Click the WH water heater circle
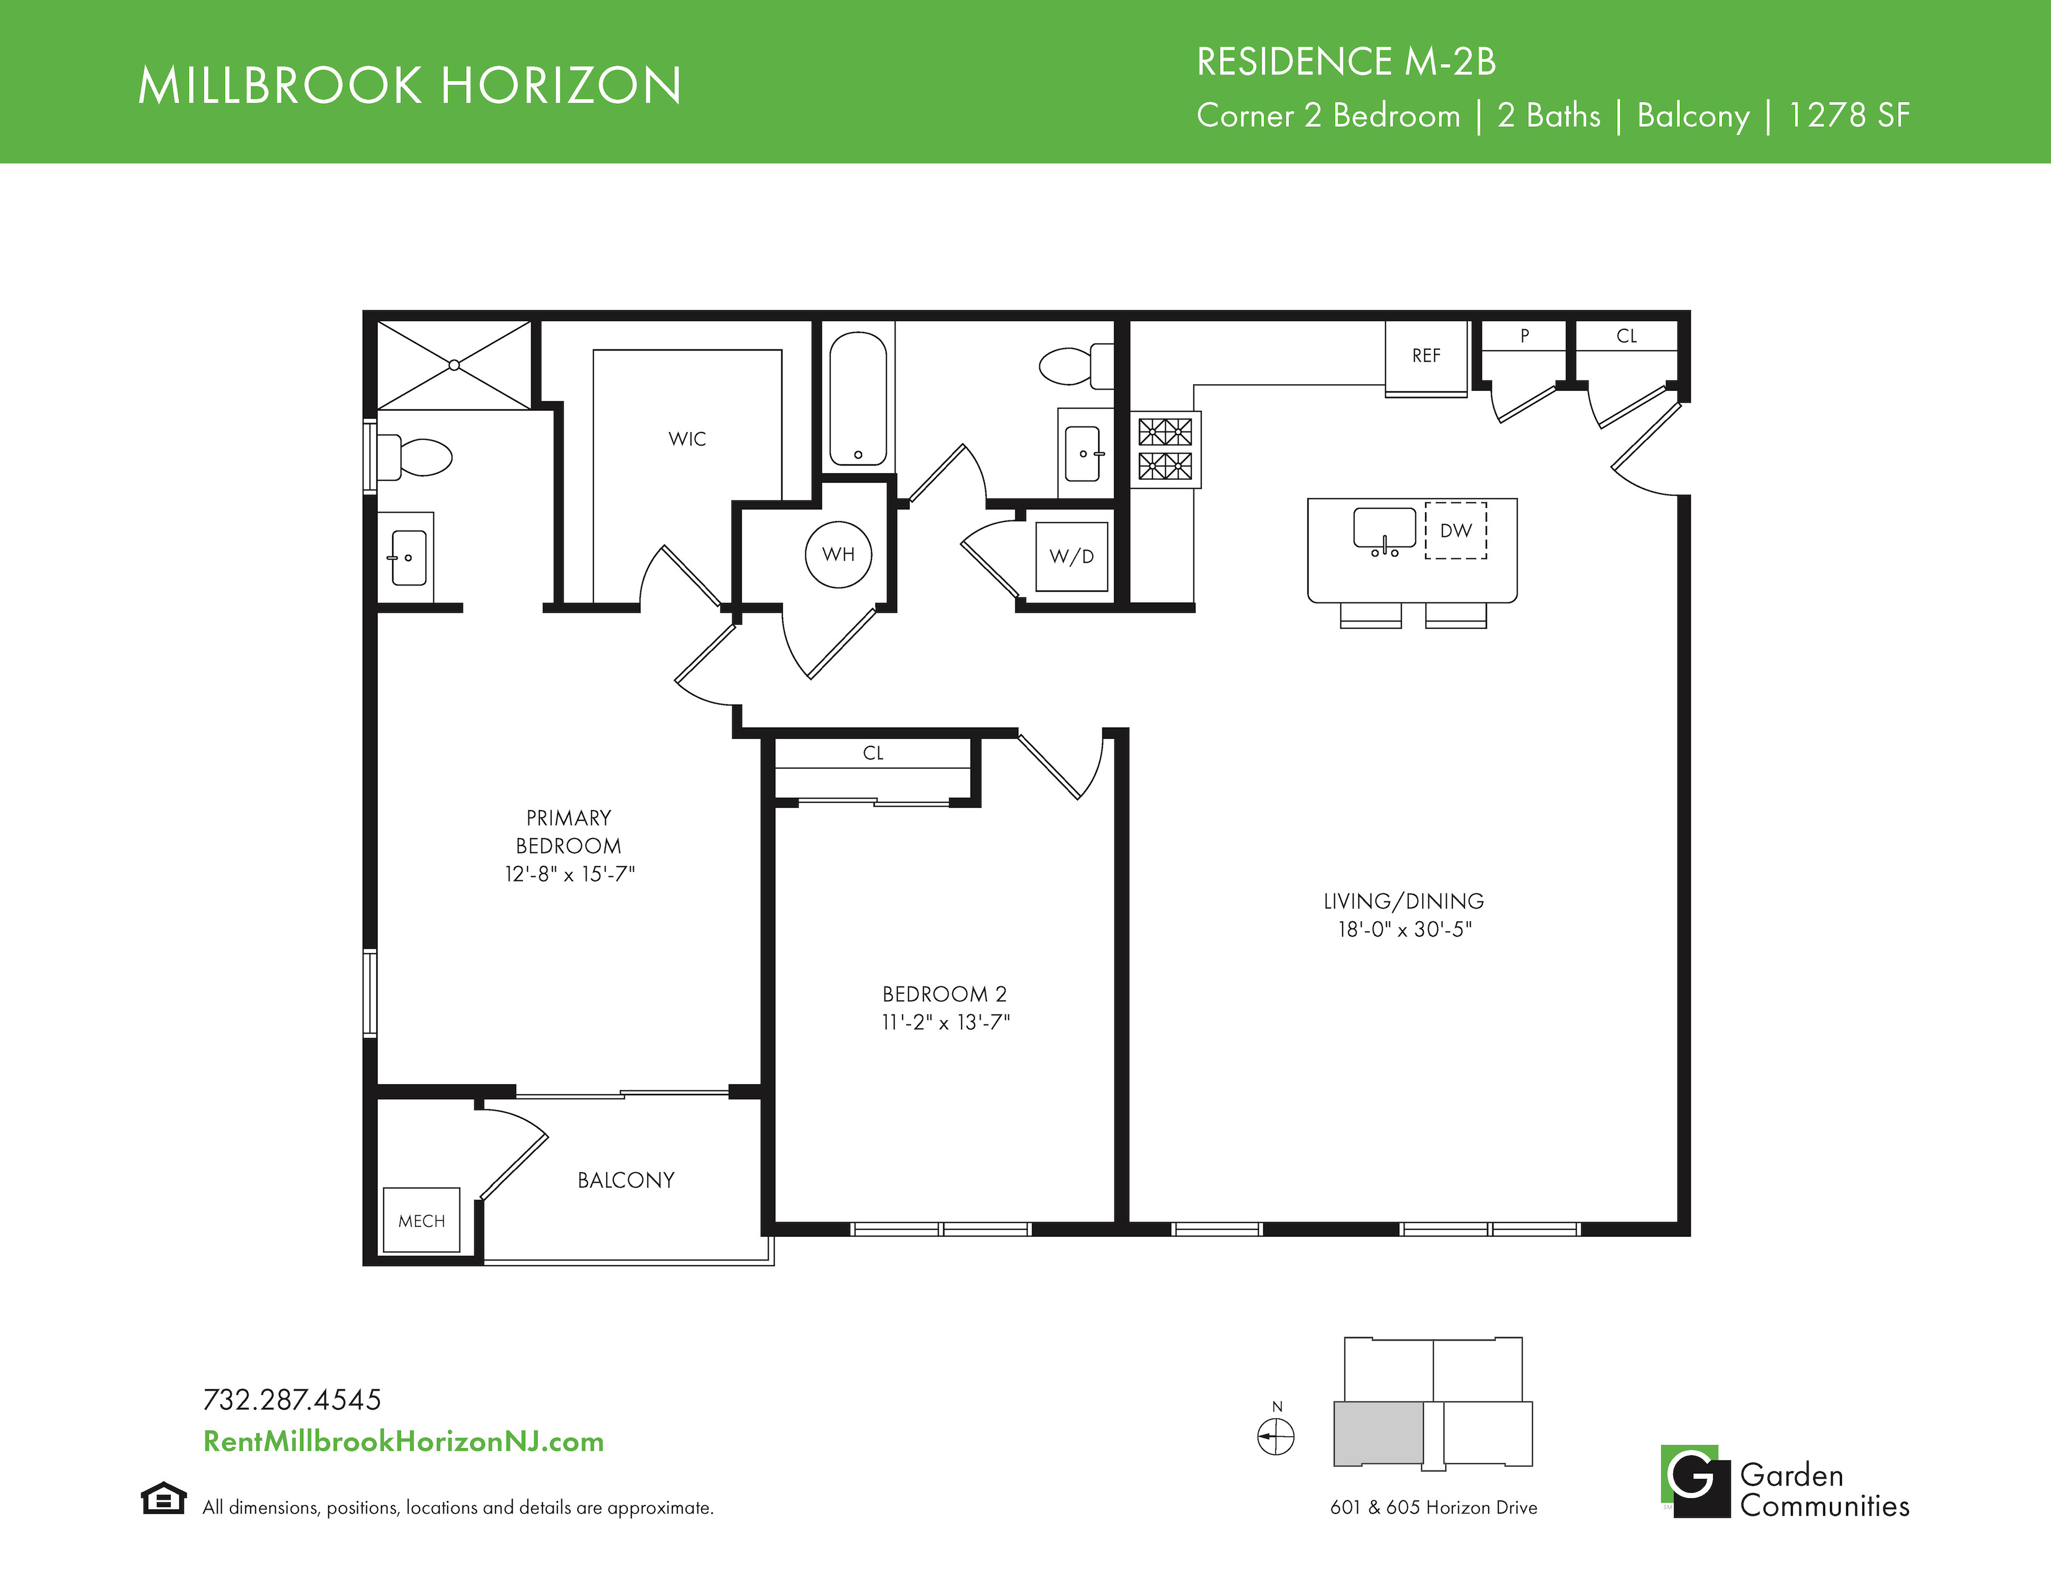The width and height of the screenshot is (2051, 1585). tap(838, 554)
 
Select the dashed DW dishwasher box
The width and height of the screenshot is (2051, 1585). tap(1456, 531)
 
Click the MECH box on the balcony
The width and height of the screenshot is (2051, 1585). tap(421, 1220)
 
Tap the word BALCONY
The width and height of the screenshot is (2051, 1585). tap(625, 1180)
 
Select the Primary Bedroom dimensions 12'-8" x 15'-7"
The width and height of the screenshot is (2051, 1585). tap(569, 874)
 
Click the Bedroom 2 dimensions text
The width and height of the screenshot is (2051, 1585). tap(945, 1022)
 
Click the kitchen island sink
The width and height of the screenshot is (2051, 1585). tap(1384, 531)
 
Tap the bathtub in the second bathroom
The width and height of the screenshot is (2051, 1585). tap(858, 399)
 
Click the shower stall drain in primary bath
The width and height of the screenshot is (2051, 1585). tap(454, 365)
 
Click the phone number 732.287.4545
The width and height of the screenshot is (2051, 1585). tap(292, 1400)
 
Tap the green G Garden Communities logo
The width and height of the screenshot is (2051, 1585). tap(1695, 1481)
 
